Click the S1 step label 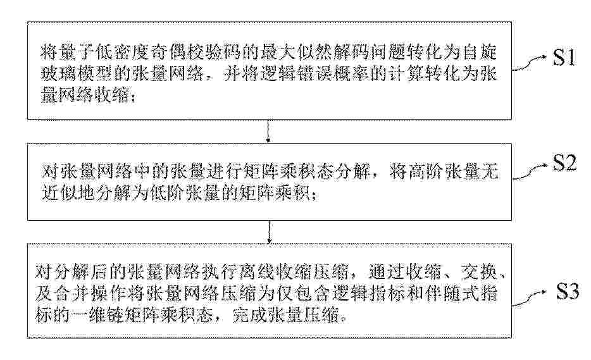(x=564, y=58)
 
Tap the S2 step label (x=564, y=163)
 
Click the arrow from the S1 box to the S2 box (x=268, y=131)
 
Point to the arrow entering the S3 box (x=269, y=232)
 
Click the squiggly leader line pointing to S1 (x=529, y=63)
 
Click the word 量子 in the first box (x=77, y=52)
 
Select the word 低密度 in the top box (x=123, y=52)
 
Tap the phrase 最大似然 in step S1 (x=297, y=52)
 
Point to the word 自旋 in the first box (x=480, y=52)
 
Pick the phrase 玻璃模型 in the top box (x=77, y=74)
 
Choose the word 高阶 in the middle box (x=426, y=171)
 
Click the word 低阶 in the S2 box (x=169, y=194)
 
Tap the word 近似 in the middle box (x=59, y=194)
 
